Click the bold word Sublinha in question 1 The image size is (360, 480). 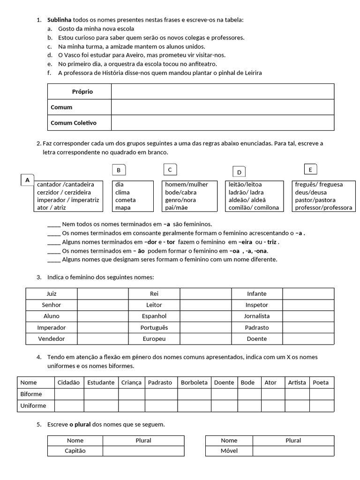click(59, 20)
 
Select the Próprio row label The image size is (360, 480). click(82, 91)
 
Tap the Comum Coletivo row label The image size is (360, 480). click(74, 123)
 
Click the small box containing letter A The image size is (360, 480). click(27, 180)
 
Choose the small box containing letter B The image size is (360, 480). click(119, 170)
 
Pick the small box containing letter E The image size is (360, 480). click(310, 170)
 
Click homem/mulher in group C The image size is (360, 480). click(187, 184)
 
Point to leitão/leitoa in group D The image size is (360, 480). click(245, 184)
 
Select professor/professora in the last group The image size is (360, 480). click(323, 208)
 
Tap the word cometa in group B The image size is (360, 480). click(126, 200)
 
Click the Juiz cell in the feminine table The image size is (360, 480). click(52, 293)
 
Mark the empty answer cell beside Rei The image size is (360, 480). click(205, 293)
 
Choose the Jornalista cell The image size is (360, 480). click(257, 316)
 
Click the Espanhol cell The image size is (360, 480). click(154, 316)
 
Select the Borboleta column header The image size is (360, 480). click(194, 382)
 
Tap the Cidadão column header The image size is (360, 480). click(69, 382)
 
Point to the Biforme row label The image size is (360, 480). click(31, 394)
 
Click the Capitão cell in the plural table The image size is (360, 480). click(75, 450)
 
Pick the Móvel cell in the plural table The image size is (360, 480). click(229, 450)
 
